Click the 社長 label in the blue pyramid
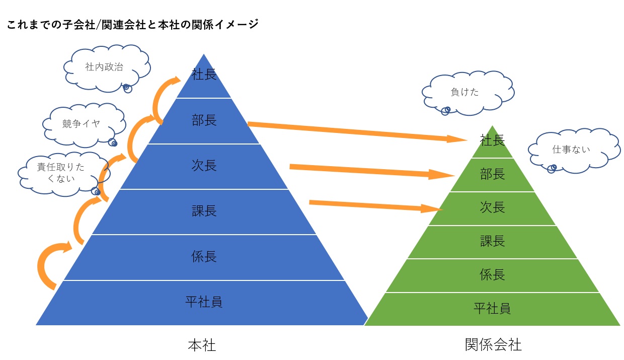point(204,75)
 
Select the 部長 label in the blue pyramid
point(204,120)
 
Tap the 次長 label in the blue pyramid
point(204,166)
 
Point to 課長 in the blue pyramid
point(204,211)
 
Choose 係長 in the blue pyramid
point(204,256)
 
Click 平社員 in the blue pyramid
point(204,302)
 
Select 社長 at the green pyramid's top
point(492,140)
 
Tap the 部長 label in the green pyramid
point(492,174)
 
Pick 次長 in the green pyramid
point(492,207)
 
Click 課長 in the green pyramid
point(492,241)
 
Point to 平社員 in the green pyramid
point(492,309)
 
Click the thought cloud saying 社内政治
point(107,68)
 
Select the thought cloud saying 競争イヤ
point(84,125)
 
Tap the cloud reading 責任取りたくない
point(64,174)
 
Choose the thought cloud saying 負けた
point(468,93)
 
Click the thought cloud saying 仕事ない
point(574,151)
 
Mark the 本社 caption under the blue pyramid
point(202,345)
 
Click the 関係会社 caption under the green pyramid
point(493,345)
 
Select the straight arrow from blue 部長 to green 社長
point(357,132)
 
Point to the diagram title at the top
point(133,25)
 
